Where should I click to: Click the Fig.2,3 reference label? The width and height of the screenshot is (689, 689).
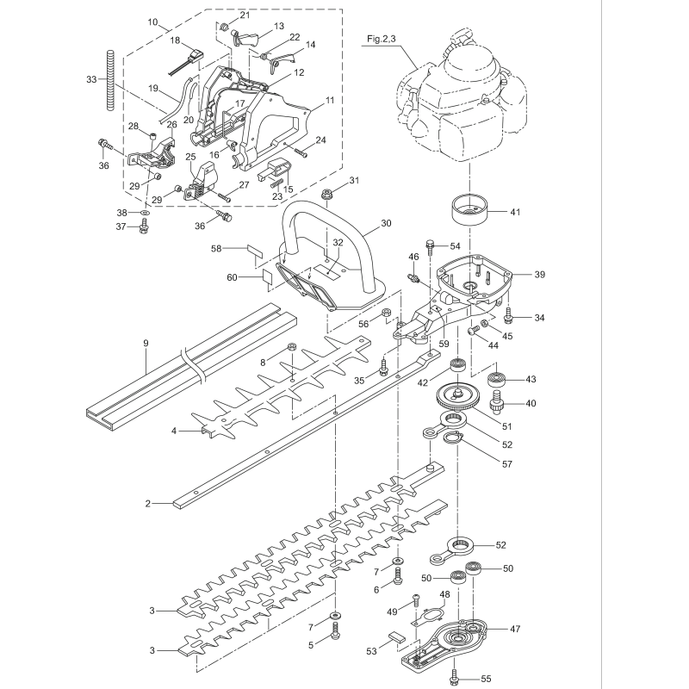pyautogui.click(x=381, y=40)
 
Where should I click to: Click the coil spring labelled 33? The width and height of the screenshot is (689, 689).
pyautogui.click(x=110, y=80)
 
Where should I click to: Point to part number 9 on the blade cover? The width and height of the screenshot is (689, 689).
pyautogui.click(x=146, y=344)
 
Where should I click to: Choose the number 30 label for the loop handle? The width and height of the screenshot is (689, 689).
pyautogui.click(x=385, y=222)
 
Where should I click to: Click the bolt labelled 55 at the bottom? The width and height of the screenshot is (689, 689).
pyautogui.click(x=453, y=679)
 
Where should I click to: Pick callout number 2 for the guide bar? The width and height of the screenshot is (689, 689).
pyautogui.click(x=148, y=502)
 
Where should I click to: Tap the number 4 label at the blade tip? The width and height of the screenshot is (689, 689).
pyautogui.click(x=173, y=430)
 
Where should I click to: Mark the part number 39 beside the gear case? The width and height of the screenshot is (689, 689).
pyautogui.click(x=540, y=275)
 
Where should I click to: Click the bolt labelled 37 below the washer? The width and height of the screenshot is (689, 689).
pyautogui.click(x=145, y=227)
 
